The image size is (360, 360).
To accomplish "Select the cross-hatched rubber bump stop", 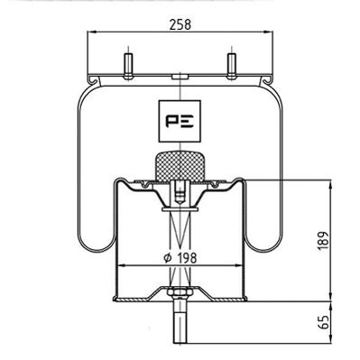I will pos(180,166).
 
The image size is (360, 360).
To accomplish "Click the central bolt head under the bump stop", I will pos(180,192).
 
